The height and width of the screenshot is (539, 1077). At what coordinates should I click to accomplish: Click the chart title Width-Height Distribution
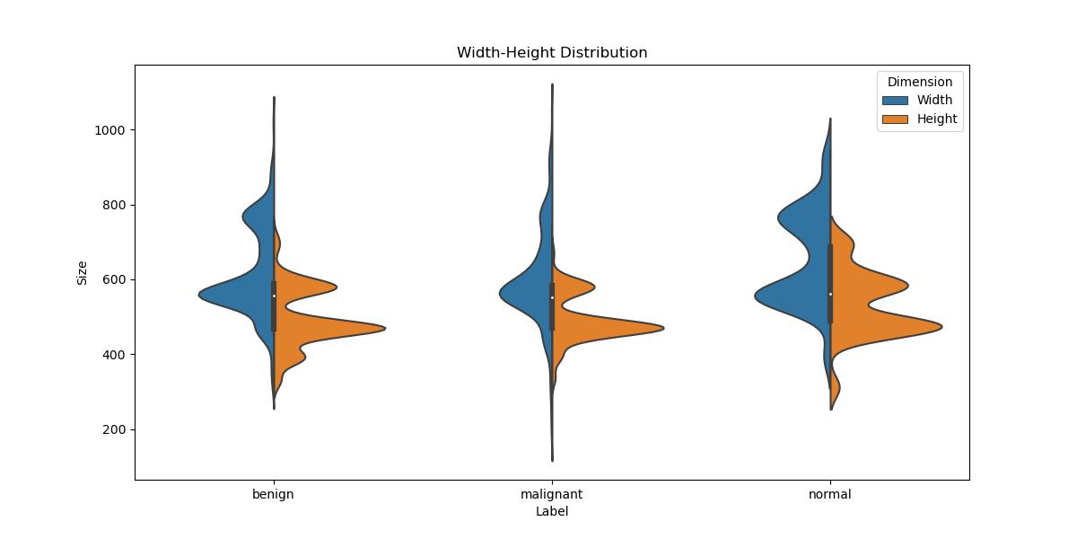551,53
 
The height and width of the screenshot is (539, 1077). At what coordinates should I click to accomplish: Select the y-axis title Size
83,272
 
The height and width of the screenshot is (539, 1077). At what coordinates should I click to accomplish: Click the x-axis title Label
551,512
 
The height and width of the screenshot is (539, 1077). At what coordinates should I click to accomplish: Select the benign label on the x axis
273,494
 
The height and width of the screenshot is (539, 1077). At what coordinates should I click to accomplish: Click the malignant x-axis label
551,494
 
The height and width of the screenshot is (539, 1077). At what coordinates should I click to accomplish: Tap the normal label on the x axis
829,494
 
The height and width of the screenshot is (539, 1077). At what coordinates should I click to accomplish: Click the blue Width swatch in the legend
895,101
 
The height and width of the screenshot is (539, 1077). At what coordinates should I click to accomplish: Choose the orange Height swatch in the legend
895,119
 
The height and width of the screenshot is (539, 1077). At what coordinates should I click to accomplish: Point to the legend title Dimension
920,82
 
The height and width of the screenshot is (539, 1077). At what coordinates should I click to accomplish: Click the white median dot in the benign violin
274,296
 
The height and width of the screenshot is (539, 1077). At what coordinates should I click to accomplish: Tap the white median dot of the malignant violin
552,297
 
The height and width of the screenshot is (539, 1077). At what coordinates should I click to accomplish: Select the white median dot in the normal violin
830,294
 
